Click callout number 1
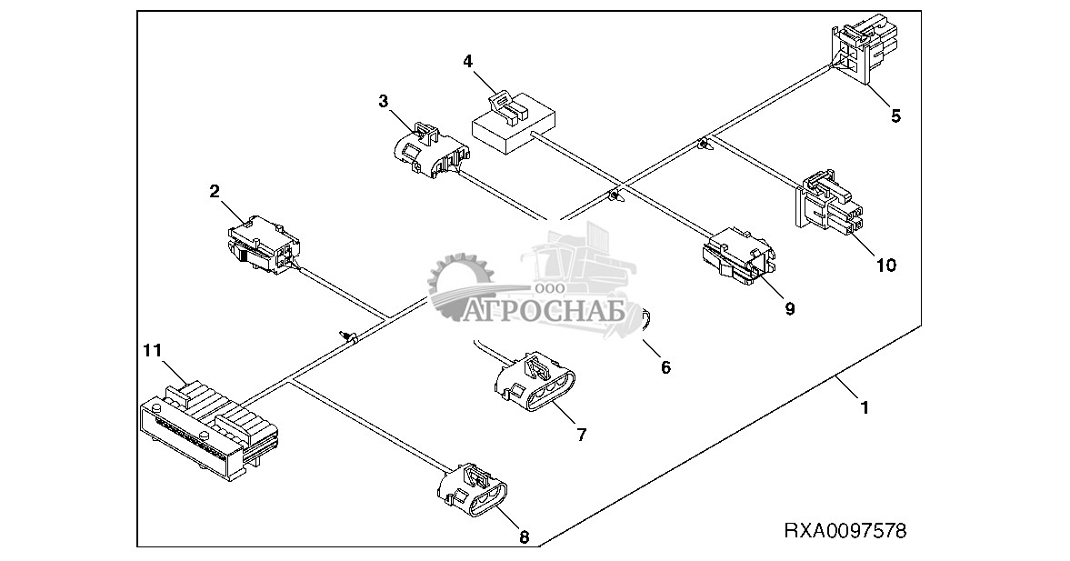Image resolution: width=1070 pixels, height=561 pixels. pos(865,408)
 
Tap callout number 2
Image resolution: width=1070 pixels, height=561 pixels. pos(215,191)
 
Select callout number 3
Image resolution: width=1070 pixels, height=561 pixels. pos(384,100)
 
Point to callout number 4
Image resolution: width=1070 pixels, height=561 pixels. pos(467,62)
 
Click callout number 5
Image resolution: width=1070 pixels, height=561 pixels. pos(895,115)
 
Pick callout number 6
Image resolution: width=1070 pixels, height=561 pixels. pos(665,367)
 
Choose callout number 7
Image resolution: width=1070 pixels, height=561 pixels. pos(581,435)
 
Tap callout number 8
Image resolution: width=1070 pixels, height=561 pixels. pos(523,536)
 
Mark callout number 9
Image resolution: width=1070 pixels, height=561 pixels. pos(790,308)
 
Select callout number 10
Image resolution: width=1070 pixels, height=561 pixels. pos(885,265)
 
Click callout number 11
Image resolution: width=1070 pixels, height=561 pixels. pos(152,349)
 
